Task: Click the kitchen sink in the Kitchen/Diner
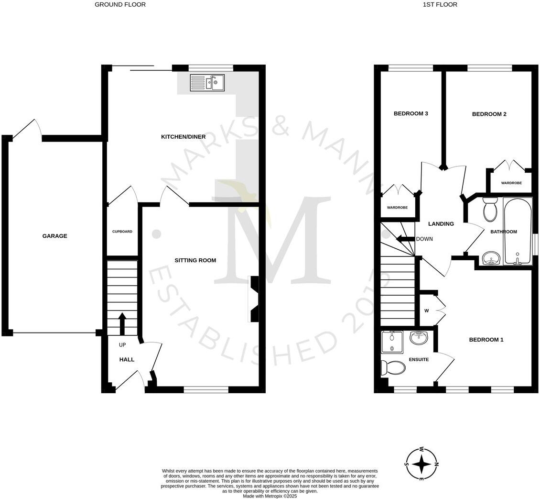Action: pos(207,83)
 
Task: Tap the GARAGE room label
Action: pos(55,236)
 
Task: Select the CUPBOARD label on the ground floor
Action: pos(122,232)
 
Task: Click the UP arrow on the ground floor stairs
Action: pos(122,323)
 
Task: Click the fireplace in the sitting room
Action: pos(254,299)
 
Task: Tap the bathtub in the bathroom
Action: pos(517,232)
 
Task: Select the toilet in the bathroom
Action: pos(490,210)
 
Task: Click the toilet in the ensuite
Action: pos(392,367)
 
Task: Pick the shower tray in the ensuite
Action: pos(392,342)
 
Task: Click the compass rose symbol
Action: pos(421,464)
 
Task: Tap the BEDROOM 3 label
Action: pos(410,114)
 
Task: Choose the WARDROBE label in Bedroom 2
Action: pos(511,183)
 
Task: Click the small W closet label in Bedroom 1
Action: pos(426,311)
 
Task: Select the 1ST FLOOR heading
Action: pos(440,5)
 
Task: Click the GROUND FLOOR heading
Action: pos(120,5)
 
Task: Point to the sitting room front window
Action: pos(205,389)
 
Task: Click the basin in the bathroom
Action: pos(491,259)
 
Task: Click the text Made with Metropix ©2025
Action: pos(270,496)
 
